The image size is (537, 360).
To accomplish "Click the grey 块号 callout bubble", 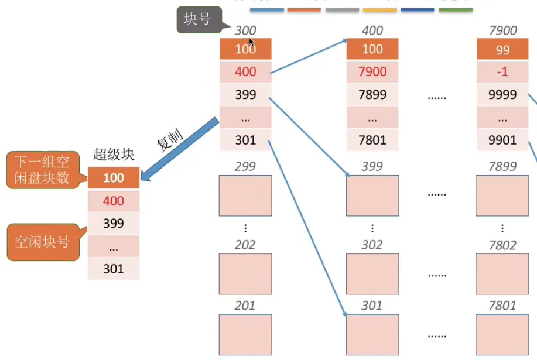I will pos(197,20).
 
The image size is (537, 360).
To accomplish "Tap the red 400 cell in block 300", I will pos(245,72).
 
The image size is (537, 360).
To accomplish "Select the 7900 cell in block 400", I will pos(372,72).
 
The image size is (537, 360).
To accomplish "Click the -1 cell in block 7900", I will pos(502,72).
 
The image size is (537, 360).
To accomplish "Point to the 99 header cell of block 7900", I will pos(502,50).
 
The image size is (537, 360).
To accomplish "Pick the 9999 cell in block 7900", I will pos(502,94).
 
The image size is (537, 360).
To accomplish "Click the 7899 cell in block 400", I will pos(372,94).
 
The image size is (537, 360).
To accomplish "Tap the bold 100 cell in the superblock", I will pos(114,178).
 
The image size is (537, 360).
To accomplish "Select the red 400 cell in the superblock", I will pos(114,201).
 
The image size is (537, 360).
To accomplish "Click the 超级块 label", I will pos(114,155).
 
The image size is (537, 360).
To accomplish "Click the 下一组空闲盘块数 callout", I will pos(42,170).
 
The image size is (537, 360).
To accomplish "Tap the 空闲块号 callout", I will pos(42,241).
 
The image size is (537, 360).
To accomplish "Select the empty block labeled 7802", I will pos(502,273).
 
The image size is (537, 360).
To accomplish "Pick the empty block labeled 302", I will pos(372,273).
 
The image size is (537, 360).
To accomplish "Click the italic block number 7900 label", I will pos(502,30).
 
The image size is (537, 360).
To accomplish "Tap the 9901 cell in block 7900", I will pos(502,140).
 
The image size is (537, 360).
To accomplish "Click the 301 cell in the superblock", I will pos(114,269).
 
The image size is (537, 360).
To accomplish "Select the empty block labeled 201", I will pos(245,334).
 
